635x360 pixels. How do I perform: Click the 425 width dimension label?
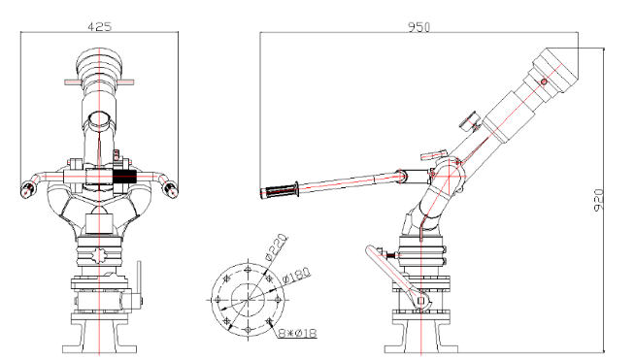[x=99, y=27]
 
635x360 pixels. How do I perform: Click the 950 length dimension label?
[x=418, y=27]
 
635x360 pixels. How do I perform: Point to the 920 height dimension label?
[x=598, y=200]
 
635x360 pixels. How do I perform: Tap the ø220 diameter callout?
[x=276, y=246]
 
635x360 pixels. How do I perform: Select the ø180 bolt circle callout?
[x=296, y=275]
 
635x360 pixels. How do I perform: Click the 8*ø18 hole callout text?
[x=297, y=333]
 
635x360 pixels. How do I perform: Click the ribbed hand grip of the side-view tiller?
[x=280, y=191]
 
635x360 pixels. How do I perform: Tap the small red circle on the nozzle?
[x=544, y=82]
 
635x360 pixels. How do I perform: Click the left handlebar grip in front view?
[x=27, y=188]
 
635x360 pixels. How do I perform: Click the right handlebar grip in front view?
[x=171, y=188]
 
